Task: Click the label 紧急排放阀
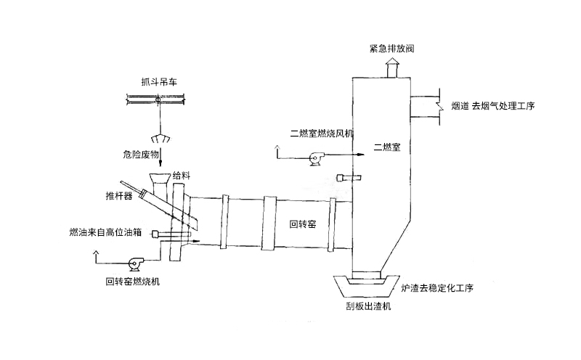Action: (x=391, y=49)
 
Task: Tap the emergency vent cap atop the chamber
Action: (x=391, y=68)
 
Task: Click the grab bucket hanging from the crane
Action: (x=159, y=139)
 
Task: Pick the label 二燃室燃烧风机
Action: (x=321, y=134)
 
